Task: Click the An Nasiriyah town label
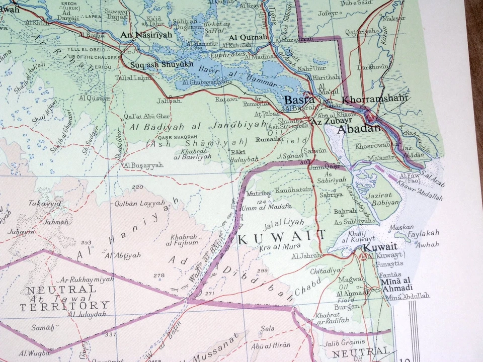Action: pyautogui.click(x=146, y=35)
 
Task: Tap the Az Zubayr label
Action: pyautogui.click(x=330, y=122)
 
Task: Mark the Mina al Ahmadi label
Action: pyautogui.click(x=397, y=284)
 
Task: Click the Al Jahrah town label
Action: pyautogui.click(x=306, y=256)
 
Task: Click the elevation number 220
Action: pyautogui.click(x=137, y=188)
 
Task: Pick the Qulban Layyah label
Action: pyautogui.click(x=139, y=203)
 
